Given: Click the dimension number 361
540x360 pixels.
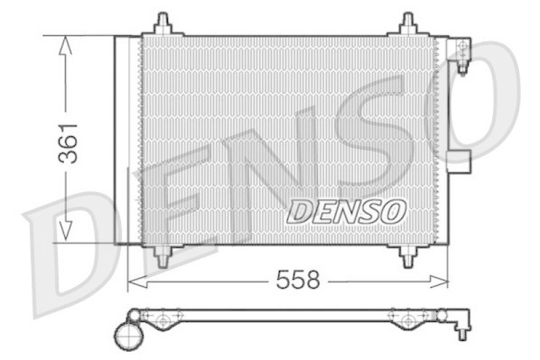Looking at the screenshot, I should [x=67, y=143].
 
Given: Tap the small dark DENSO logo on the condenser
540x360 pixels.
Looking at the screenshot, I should [x=346, y=211].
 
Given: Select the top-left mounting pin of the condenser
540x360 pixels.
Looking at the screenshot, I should [x=163, y=24].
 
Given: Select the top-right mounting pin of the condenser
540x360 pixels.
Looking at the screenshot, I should [x=408, y=24].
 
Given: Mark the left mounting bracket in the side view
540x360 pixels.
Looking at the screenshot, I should [x=163, y=319].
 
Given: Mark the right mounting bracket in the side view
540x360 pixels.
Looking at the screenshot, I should [x=408, y=319].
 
